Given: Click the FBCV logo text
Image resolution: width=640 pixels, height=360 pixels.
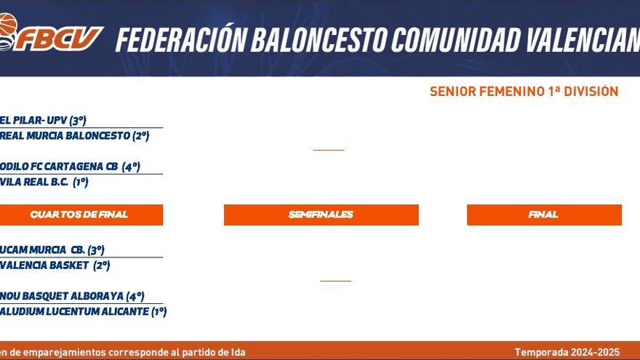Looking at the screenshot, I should click(x=60, y=39).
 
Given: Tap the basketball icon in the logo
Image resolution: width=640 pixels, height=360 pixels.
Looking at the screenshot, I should click(x=7, y=25).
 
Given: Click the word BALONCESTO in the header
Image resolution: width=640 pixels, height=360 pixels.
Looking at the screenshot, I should click(x=321, y=39).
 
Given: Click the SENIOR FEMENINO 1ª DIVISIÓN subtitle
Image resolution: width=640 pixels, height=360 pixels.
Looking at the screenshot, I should click(x=524, y=92).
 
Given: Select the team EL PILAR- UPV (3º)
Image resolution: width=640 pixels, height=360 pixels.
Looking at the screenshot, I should click(x=44, y=121).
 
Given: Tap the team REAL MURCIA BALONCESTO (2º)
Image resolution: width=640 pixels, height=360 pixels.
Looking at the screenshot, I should click(x=75, y=135).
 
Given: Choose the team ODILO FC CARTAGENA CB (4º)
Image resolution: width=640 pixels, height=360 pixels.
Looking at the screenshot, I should click(x=70, y=167).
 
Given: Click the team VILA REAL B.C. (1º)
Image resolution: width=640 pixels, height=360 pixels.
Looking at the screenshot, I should click(x=44, y=182).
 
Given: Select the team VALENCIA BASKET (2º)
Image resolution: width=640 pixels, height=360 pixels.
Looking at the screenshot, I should click(x=55, y=265).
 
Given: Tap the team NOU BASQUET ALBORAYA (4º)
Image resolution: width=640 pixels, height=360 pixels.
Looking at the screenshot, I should click(x=72, y=296).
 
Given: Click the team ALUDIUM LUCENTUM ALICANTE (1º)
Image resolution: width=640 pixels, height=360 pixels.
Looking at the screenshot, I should click(x=84, y=311).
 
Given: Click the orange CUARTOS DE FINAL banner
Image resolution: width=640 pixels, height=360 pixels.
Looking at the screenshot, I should click(x=79, y=215).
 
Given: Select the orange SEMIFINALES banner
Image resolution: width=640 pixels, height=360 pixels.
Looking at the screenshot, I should click(x=321, y=215).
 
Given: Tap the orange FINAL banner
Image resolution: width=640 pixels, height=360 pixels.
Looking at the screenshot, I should click(x=543, y=215).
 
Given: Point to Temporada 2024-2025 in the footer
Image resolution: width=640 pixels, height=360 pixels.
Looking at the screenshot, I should click(x=567, y=352).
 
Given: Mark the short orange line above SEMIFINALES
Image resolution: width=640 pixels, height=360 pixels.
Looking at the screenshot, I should click(x=328, y=150).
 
